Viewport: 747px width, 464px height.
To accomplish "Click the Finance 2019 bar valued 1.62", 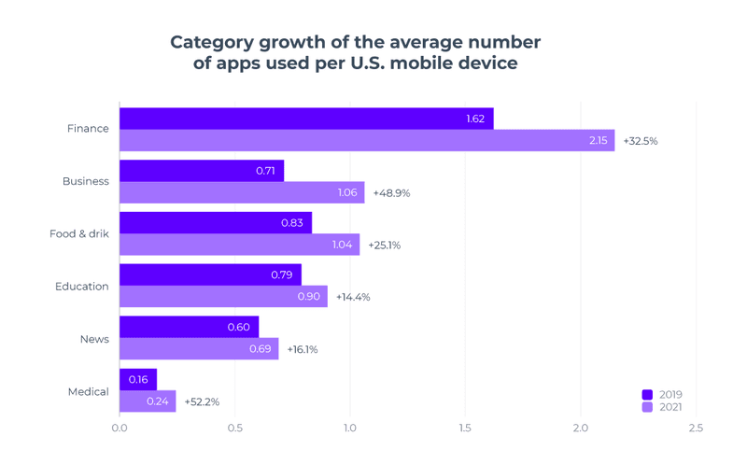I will pos(306,119).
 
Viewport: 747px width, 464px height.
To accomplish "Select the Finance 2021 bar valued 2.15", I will pos(367,141).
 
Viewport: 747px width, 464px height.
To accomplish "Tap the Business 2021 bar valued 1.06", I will pos(242,193).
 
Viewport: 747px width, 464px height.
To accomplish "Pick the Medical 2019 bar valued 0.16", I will pos(138,380).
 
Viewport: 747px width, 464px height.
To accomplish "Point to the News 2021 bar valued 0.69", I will pos(199,349).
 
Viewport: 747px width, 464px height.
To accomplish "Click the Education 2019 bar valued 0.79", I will pos(210,275).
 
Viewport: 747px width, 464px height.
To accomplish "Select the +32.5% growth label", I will pos(641,141).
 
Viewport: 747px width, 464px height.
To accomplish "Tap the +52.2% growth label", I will pos(202,401).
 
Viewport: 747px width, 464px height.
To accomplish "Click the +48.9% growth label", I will pos(391,193).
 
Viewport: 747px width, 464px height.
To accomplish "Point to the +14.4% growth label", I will pos(353,297).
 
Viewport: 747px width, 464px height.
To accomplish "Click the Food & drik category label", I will pos(79,233).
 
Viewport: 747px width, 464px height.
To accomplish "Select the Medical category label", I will pos(89,391).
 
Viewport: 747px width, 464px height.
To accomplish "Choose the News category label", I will pos(94,339).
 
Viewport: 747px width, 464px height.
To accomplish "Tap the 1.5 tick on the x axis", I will pos(465,429).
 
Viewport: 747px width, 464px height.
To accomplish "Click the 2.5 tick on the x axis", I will pos(695,429).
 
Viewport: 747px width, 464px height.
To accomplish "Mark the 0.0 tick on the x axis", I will pos(120,429).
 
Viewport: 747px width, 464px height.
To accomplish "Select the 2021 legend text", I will pos(670,407).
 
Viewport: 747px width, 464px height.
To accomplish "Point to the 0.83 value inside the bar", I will pos(291,223).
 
